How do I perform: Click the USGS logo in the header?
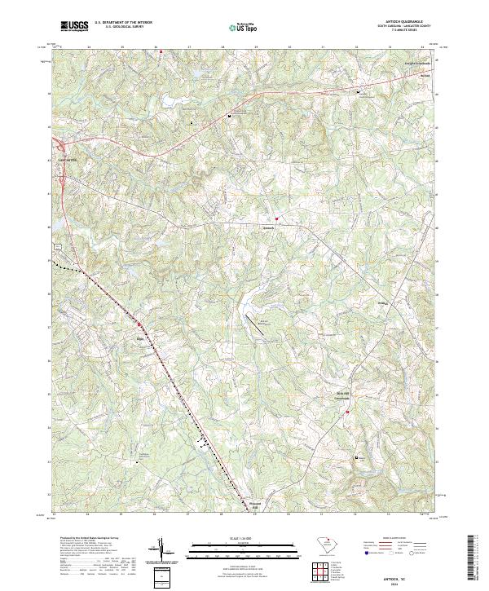tap(74, 26)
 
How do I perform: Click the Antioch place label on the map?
tap(267, 218)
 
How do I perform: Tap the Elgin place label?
tap(140, 334)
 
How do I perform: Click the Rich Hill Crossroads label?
tap(346, 395)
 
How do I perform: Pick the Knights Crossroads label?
tap(418, 63)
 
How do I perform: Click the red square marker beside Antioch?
tap(277, 218)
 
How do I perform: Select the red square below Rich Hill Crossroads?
tap(348, 412)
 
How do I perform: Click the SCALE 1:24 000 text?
tap(244, 539)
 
